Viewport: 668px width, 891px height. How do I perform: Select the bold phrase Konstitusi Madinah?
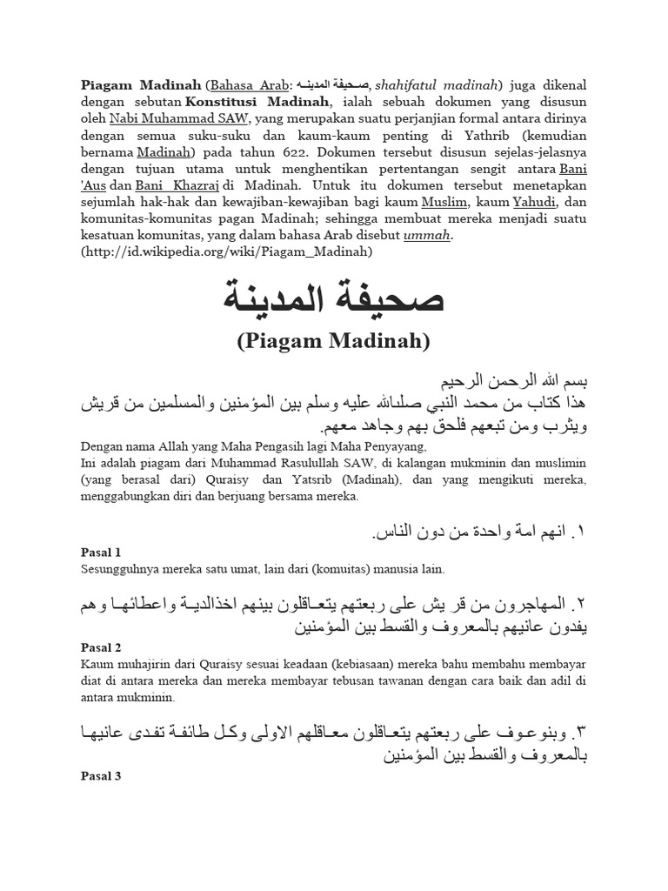click(x=269, y=101)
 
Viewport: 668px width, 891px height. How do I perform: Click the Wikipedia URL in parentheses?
click(x=228, y=251)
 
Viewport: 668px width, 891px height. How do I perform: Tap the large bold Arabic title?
click(x=334, y=298)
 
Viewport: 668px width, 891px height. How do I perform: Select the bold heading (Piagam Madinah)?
click(x=334, y=341)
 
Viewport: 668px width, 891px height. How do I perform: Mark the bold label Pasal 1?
click(x=101, y=552)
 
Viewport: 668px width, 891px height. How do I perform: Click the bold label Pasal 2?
click(x=101, y=647)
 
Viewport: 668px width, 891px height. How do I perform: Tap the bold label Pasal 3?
click(x=101, y=776)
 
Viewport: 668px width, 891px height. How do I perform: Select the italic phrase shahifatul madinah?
click(x=438, y=84)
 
